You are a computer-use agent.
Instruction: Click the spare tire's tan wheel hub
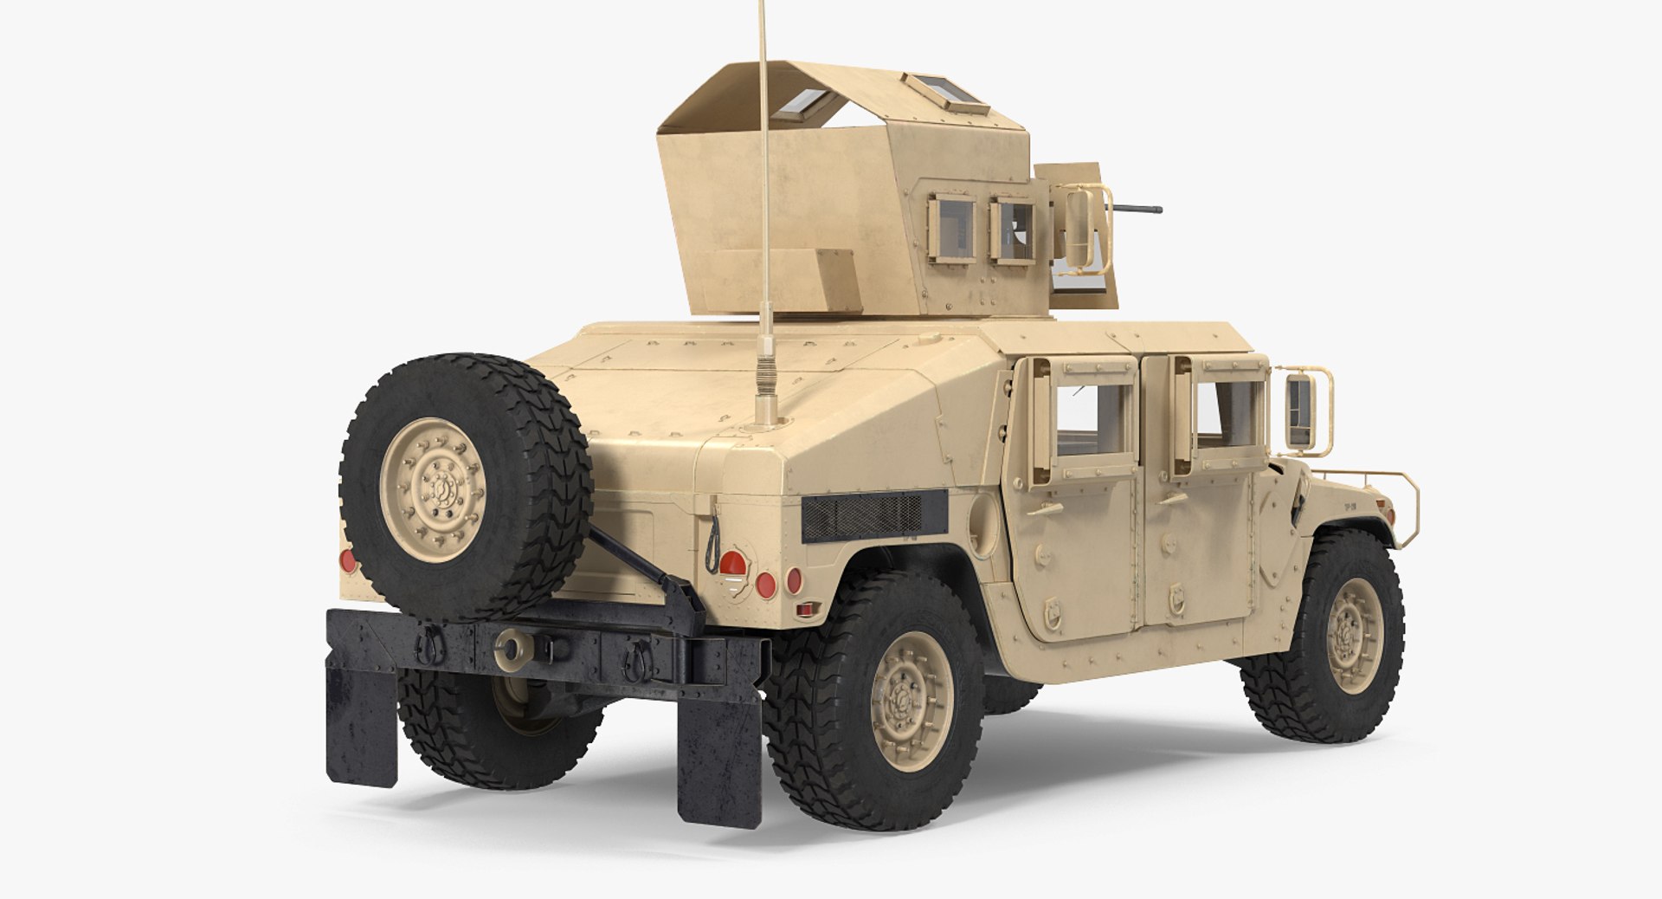coord(436,489)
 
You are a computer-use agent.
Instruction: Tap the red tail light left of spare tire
coord(348,560)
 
